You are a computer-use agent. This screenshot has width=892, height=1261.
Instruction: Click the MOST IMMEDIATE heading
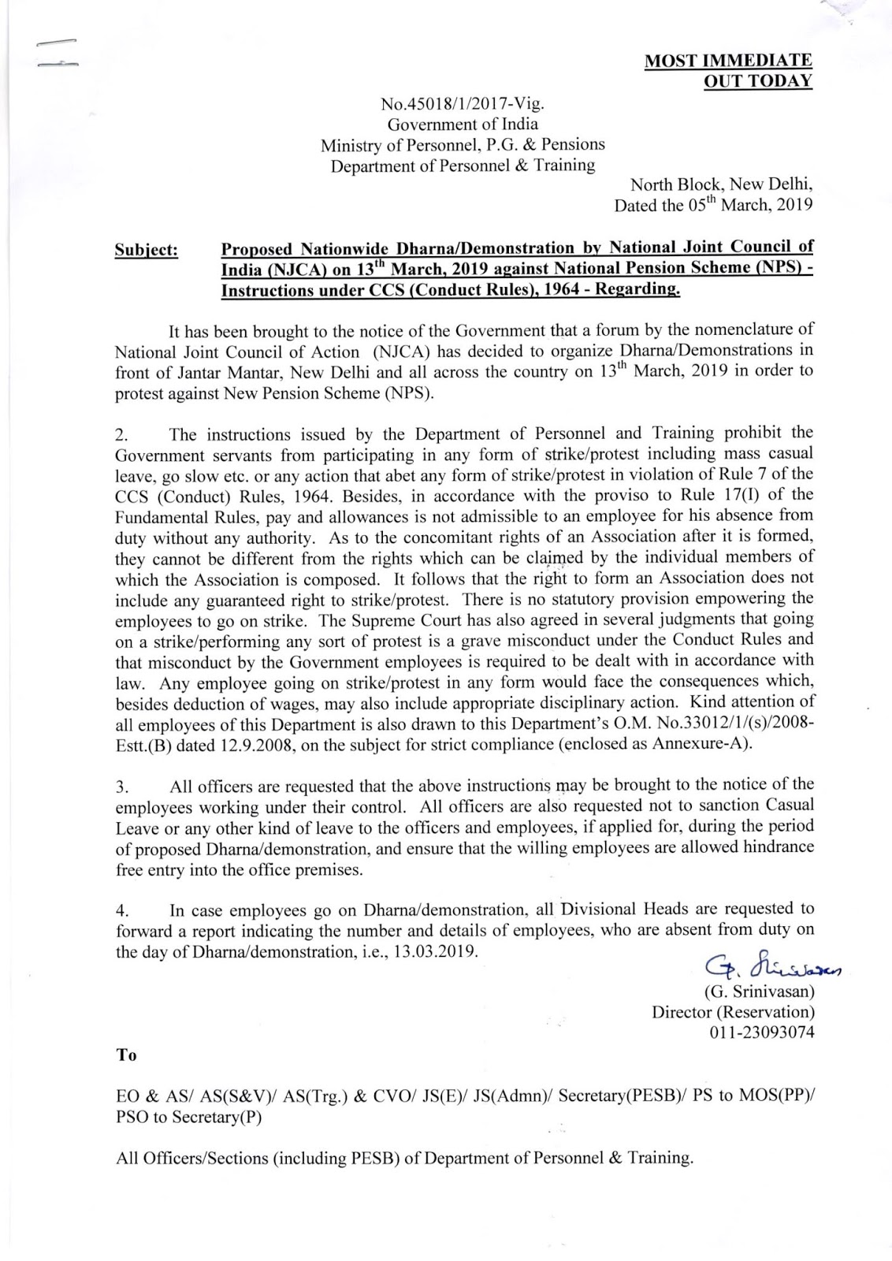click(728, 61)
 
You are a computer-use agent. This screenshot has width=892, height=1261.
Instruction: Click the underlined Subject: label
click(147, 251)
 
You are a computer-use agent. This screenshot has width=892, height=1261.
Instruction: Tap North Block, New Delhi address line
click(722, 185)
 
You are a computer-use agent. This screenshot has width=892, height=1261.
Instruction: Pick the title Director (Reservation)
click(733, 1011)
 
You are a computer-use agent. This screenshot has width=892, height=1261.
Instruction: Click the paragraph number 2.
click(121, 433)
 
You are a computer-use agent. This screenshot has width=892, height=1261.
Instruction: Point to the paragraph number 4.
click(121, 912)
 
